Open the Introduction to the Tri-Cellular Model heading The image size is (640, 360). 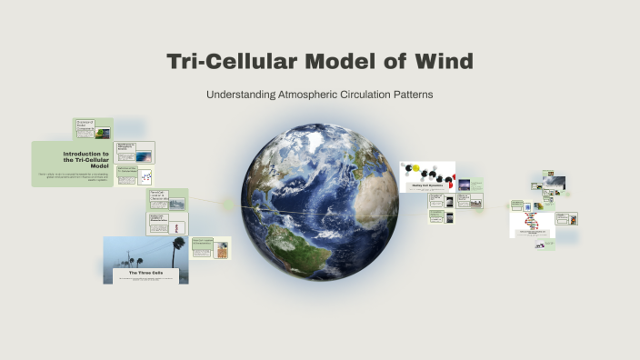pos(86,160)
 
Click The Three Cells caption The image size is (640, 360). pos(145,272)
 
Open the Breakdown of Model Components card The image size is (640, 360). pos(93,129)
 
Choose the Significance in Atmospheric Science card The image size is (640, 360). pos(135,152)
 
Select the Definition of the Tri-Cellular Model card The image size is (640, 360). pos(135,175)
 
